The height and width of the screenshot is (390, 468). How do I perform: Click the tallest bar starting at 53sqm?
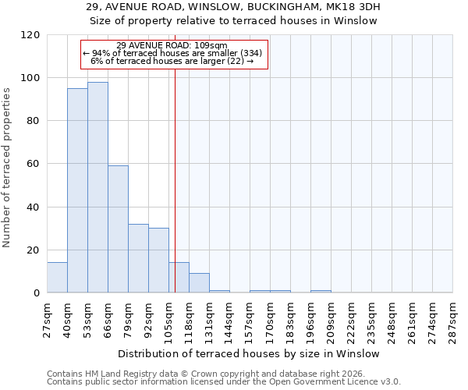[97, 187]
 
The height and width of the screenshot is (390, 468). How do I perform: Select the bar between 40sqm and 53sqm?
[77, 190]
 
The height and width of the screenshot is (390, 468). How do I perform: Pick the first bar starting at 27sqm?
[57, 278]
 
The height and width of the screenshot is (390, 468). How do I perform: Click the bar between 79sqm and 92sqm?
[138, 258]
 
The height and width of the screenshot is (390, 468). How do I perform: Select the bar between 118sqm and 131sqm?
[199, 283]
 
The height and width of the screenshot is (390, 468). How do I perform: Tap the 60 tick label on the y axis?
[34, 164]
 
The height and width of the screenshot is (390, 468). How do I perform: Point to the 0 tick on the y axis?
[37, 293]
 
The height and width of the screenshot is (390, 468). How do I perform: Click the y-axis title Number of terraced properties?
[7, 168]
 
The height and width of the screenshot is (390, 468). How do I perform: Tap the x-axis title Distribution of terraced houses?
[250, 353]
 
